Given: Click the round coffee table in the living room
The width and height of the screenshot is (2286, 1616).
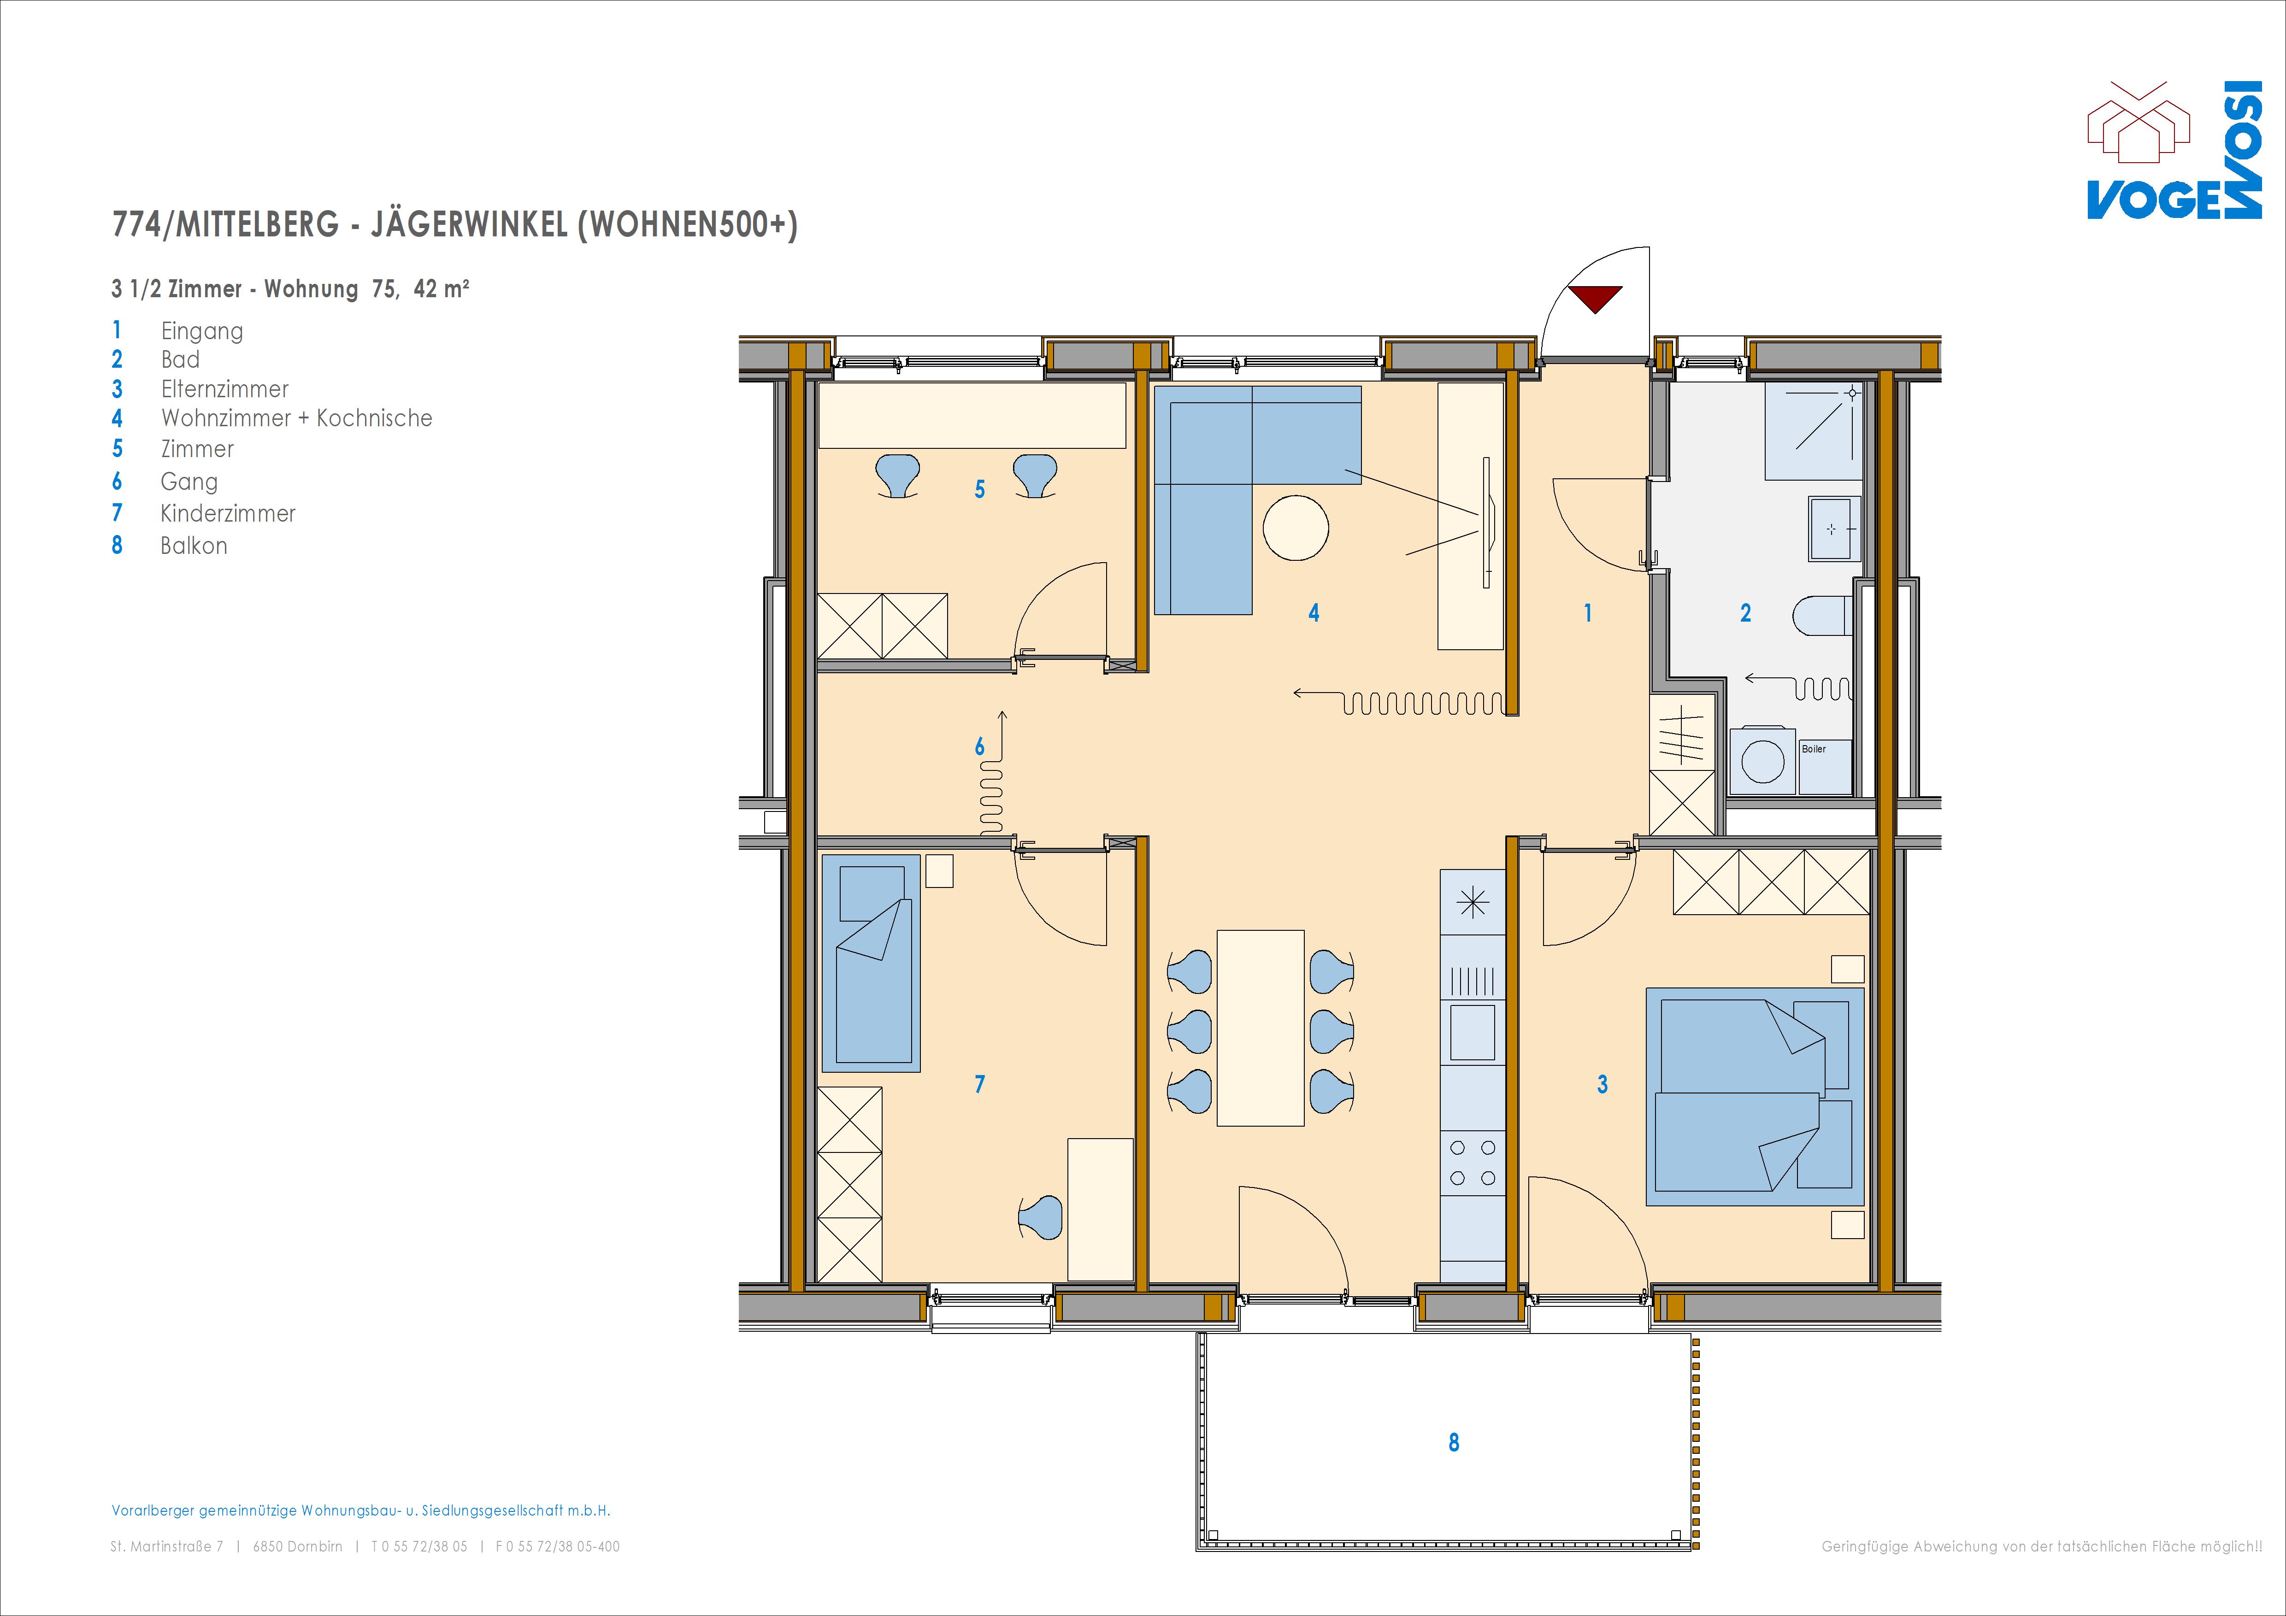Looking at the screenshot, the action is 1296,528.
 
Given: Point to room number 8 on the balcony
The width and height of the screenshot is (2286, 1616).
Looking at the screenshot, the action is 1454,1442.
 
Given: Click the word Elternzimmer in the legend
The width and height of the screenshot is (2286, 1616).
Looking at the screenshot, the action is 225,389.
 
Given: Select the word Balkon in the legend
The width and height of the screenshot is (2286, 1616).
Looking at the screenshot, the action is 194,546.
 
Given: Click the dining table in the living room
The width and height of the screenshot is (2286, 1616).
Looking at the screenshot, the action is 1261,1028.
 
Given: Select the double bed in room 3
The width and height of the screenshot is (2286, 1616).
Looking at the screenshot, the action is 1754,1096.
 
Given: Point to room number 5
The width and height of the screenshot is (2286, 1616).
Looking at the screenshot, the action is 980,489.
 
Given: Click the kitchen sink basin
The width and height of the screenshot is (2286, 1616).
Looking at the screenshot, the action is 1473,1032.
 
